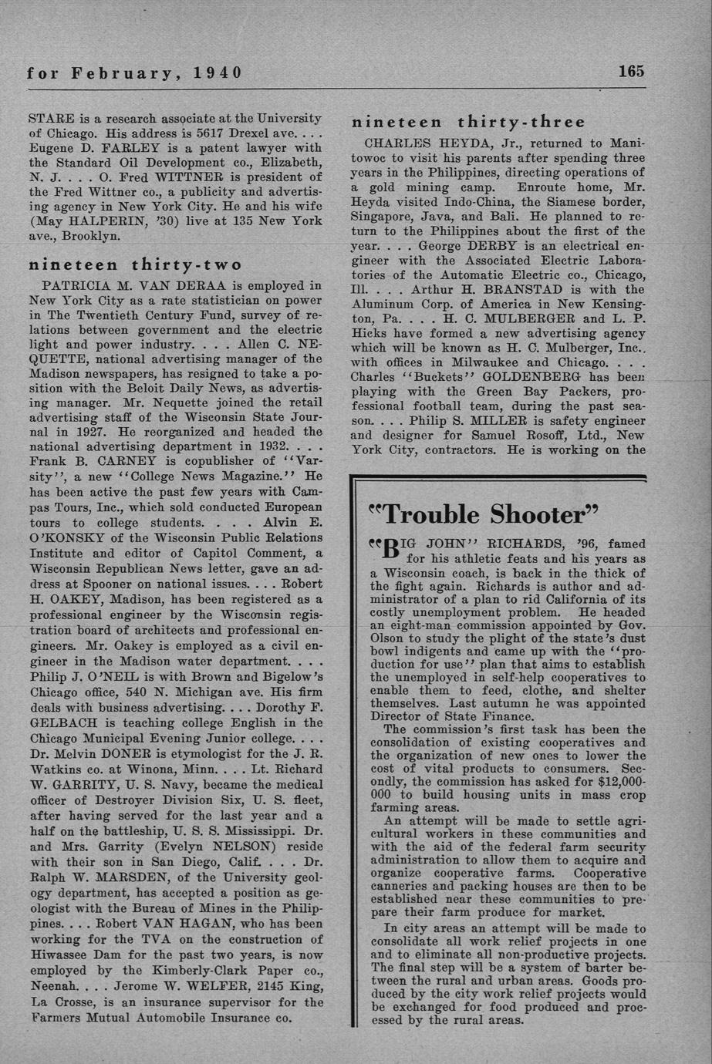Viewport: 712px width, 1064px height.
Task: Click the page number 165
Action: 630,72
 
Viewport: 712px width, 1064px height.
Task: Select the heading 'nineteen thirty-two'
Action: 135,264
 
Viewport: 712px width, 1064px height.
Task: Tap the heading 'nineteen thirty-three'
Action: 468,122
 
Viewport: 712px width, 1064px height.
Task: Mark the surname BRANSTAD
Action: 535,290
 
